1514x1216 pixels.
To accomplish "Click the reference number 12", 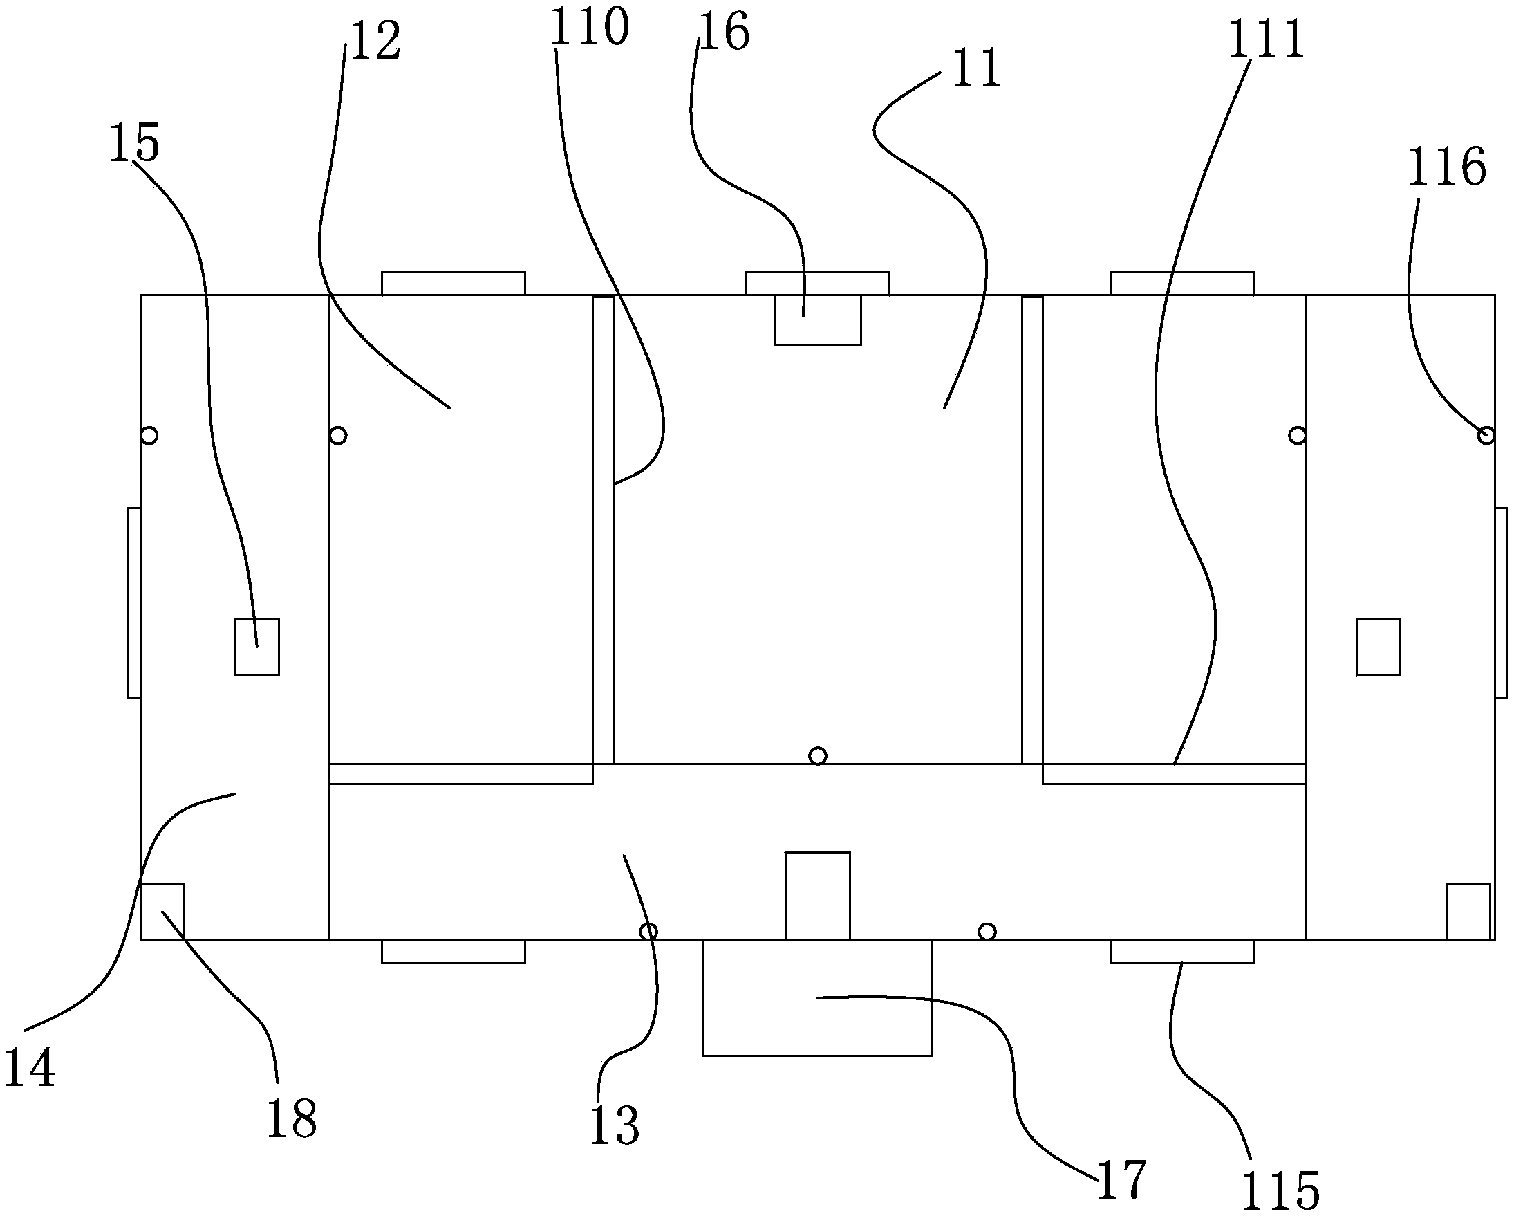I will point(375,42).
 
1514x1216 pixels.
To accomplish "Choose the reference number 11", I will point(976,70).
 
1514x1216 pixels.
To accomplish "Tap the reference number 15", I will point(134,144).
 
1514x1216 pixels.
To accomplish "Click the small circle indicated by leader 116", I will point(1486,436).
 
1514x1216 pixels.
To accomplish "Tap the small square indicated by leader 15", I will point(257,647).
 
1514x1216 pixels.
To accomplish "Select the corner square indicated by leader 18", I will point(163,911).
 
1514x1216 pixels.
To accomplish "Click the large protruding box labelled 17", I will point(817,997).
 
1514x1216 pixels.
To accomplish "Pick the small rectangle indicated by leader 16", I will point(817,320).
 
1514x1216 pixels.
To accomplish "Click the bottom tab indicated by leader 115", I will point(1182,952).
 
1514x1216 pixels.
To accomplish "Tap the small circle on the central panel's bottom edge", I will point(817,756).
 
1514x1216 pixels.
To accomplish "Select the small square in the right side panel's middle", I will point(1379,647).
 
